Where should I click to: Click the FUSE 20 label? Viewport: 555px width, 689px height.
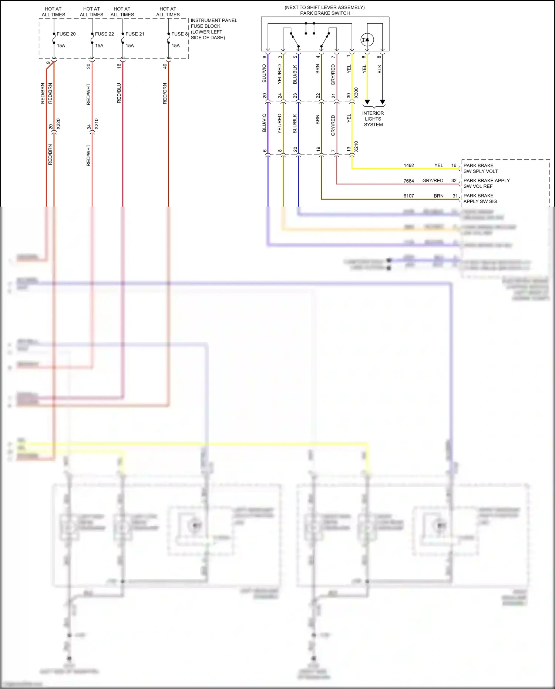coord(66,34)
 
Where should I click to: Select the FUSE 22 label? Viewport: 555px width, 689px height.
coord(104,34)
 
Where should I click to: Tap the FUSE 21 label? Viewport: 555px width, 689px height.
coord(135,34)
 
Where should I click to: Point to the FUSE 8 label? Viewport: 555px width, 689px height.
coord(179,34)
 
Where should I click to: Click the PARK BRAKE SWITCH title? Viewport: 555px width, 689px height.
coord(325,13)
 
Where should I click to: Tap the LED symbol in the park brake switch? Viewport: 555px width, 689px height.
coord(367,40)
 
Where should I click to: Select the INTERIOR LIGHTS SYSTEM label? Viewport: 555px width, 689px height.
coord(373,119)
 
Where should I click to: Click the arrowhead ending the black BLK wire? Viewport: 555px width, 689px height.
coord(383,102)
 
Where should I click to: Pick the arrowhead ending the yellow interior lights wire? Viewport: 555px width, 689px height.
coord(367,102)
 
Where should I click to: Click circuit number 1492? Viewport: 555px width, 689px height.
coord(408,165)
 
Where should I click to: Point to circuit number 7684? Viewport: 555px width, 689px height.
coord(408,181)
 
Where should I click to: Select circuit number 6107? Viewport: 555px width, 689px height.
coord(408,196)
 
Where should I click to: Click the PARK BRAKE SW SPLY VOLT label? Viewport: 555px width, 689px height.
coord(480,168)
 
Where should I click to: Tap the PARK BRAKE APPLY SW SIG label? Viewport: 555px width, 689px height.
coord(480,198)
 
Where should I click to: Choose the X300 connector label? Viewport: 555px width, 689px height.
coord(356,93)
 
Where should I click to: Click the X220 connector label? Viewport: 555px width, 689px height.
coord(58,124)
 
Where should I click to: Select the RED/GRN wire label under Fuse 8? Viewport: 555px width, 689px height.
coord(165,94)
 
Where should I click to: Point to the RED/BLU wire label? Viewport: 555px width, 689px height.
coord(119,93)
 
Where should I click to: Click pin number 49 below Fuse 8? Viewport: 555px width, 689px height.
coord(165,66)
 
